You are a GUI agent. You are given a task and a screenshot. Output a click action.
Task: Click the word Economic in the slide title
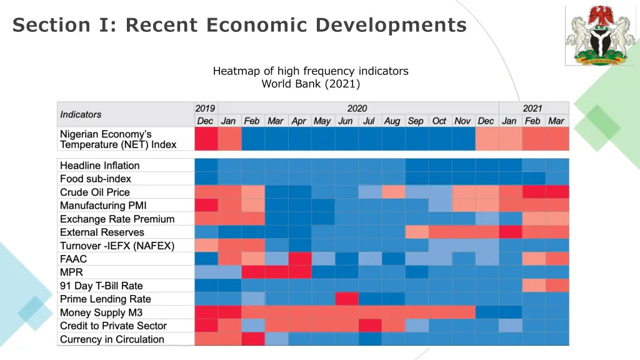click(256, 25)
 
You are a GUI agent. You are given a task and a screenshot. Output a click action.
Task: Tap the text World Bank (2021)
click(311, 84)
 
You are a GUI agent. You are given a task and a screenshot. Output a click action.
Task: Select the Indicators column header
click(81, 114)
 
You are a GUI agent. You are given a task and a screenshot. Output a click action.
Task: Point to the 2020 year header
click(357, 108)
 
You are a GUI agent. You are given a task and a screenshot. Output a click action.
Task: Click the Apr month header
click(299, 121)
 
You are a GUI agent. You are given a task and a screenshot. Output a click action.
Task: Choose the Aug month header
click(392, 121)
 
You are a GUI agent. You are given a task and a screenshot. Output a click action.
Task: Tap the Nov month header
click(462, 121)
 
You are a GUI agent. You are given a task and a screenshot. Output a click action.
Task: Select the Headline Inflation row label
click(99, 166)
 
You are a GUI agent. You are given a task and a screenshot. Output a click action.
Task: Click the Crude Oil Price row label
click(95, 192)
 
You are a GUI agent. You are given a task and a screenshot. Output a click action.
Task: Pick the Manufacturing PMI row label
click(103, 206)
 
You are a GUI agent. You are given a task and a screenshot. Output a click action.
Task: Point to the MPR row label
click(71, 272)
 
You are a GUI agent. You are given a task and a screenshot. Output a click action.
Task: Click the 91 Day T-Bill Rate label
click(101, 286)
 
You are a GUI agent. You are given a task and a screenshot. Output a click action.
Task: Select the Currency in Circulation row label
click(112, 339)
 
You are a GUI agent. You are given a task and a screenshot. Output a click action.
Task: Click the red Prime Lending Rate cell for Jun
click(346, 299)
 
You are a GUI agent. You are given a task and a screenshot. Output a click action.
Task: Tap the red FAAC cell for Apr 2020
click(299, 259)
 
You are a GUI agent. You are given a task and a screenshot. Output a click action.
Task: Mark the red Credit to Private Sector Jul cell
click(369, 326)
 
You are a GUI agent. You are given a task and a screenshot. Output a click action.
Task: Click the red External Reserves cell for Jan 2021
click(509, 232)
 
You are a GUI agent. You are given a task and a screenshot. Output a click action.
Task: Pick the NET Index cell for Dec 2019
click(206, 139)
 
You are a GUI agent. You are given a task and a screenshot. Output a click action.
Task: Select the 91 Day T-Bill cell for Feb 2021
click(532, 286)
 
